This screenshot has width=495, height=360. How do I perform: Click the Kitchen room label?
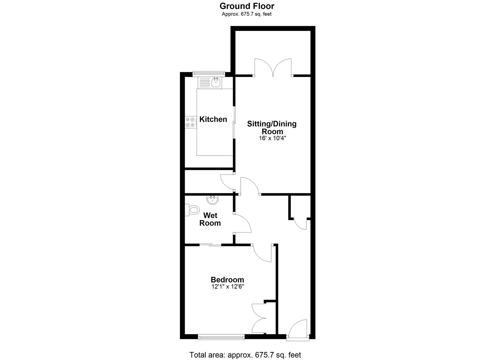point(213,119)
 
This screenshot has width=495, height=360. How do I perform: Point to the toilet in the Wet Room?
point(193,210)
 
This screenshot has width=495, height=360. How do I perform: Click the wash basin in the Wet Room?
point(212,200)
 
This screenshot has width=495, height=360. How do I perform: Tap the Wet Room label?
point(210,219)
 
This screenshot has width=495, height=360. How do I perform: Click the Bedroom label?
point(227,280)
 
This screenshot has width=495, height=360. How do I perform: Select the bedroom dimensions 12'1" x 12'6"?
point(227,286)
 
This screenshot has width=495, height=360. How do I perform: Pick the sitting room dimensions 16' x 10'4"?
point(272,138)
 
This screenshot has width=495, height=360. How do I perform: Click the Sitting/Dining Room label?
point(272,127)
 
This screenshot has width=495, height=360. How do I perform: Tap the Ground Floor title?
point(247,6)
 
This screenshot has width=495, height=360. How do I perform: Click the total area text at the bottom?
point(245,355)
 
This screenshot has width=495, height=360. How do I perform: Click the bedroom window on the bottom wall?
point(221,337)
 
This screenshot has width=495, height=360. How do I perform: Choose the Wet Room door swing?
point(242,224)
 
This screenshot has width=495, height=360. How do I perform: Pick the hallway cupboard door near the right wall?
point(300,224)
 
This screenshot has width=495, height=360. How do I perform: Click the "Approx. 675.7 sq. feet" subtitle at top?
point(247,14)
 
